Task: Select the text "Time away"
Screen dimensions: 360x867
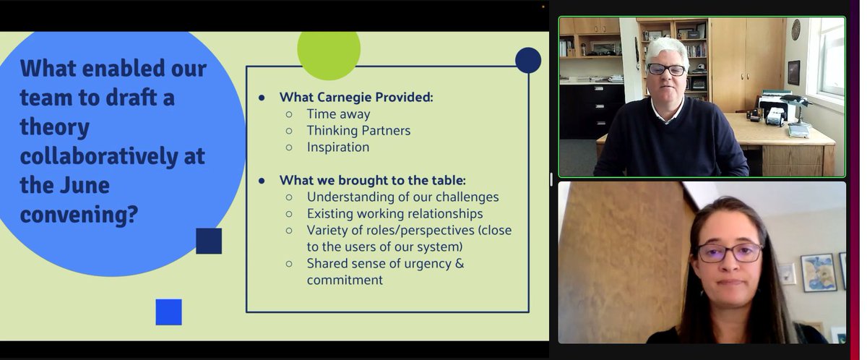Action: point(338,113)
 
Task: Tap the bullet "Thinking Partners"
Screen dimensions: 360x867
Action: point(358,130)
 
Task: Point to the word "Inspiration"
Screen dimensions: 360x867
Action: point(337,147)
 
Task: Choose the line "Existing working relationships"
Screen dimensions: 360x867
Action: point(394,213)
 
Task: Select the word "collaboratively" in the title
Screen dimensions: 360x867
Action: point(112,155)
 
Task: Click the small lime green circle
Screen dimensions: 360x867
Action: point(329,51)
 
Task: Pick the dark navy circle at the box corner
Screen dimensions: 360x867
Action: point(528,61)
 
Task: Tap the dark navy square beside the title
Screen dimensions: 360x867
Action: point(209,241)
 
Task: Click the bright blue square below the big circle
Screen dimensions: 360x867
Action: point(168,312)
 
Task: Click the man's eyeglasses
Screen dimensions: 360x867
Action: point(666,69)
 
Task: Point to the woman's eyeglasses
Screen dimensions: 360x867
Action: point(729,252)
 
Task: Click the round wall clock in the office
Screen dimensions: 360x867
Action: point(795,30)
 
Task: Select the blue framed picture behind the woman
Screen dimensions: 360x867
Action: point(819,272)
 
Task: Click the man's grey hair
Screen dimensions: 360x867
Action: point(666,48)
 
